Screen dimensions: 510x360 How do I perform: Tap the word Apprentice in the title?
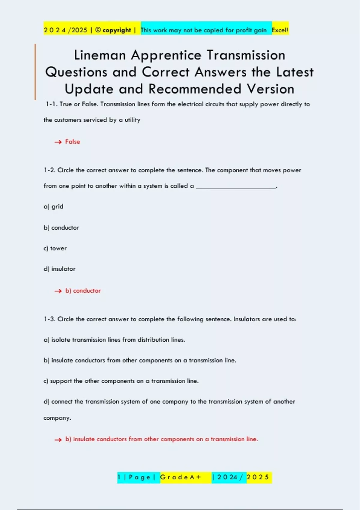[166, 55]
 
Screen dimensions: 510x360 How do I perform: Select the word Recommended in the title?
[195, 89]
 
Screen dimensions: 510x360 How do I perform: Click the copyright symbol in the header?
[98, 30]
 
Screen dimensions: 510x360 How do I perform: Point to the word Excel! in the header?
[280, 30]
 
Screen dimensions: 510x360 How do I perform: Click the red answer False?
[73, 142]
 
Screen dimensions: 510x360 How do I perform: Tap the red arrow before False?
[58, 142]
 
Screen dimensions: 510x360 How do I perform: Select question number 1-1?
[51, 104]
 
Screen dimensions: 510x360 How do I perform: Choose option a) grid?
[53, 206]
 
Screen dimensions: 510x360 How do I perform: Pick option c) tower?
[55, 248]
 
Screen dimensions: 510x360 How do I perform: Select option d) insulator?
[59, 269]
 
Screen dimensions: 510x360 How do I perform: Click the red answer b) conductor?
[83, 291]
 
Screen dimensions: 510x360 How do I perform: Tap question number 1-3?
[49, 319]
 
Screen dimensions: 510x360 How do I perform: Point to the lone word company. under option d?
[57, 418]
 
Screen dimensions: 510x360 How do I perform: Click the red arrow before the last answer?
[58, 440]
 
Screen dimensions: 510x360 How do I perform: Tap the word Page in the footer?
[139, 477]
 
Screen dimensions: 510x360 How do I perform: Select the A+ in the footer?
[195, 477]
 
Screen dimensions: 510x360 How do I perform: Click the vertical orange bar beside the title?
[35, 72]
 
